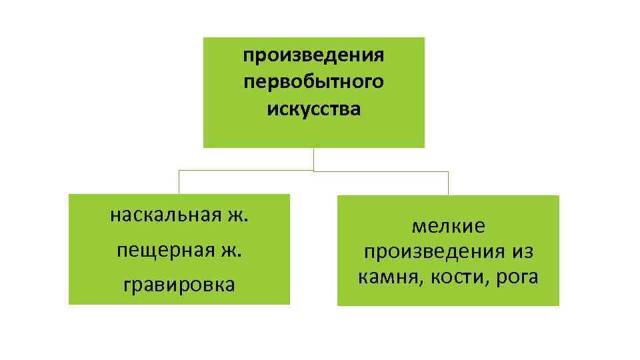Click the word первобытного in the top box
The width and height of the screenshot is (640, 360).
click(313, 82)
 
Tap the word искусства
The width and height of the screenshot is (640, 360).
click(313, 109)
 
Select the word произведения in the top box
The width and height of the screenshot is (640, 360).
click(313, 55)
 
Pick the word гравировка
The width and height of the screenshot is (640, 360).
click(179, 285)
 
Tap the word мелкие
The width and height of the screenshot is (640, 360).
click(448, 227)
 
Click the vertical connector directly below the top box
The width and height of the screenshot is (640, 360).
click(313, 159)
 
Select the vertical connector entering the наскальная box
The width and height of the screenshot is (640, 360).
click(179, 182)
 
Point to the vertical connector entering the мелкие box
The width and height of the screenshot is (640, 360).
click(448, 183)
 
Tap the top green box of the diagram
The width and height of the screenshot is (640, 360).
click(313, 133)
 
